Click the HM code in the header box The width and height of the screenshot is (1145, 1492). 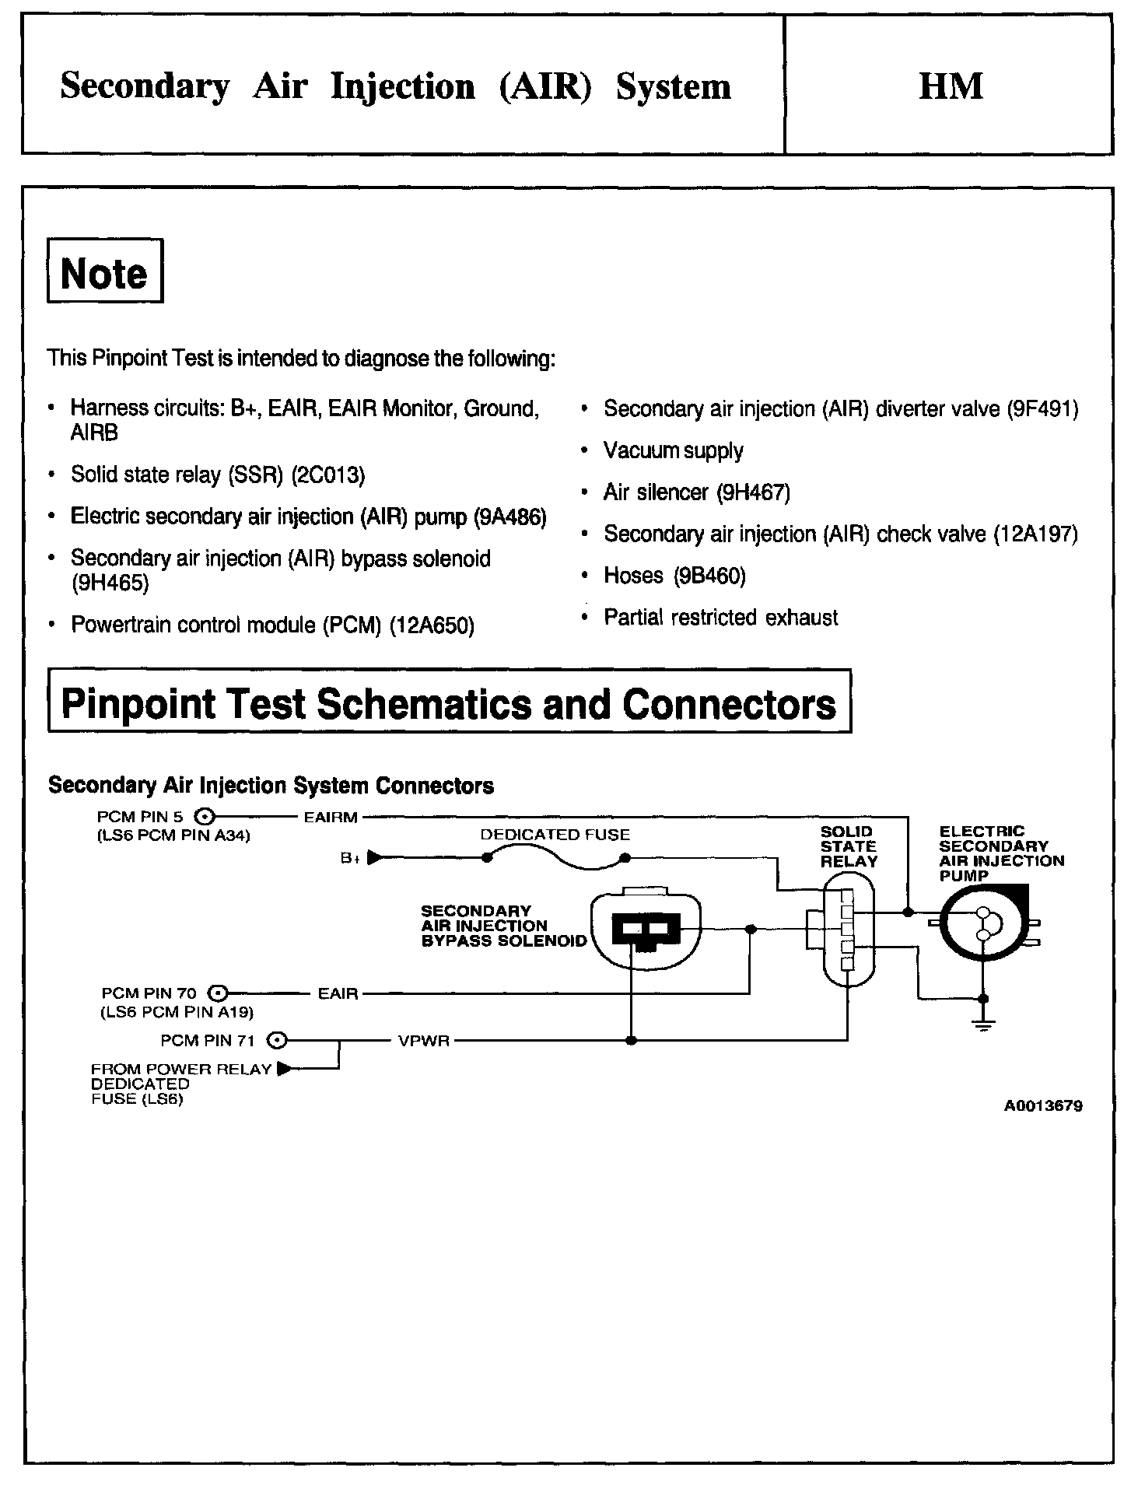(x=951, y=86)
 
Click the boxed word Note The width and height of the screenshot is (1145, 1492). (x=104, y=273)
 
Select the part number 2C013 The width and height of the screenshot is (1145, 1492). (x=327, y=475)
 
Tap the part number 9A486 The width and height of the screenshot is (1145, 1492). (x=510, y=517)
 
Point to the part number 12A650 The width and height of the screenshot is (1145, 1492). (x=432, y=625)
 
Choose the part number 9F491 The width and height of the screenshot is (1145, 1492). (x=1042, y=409)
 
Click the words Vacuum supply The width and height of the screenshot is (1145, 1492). (x=673, y=451)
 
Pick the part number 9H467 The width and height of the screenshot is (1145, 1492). (x=754, y=492)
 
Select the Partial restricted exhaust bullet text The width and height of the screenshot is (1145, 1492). (x=720, y=618)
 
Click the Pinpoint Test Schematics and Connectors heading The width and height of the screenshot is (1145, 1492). (x=449, y=703)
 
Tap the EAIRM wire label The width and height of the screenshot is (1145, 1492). (x=331, y=818)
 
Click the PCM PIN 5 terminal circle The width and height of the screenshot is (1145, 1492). (x=204, y=817)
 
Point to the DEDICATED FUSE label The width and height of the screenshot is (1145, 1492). (x=555, y=835)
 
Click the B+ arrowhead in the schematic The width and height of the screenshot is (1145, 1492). (x=374, y=858)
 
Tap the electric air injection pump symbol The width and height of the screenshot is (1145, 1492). (x=983, y=923)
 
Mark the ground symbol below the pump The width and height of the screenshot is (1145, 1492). (x=984, y=1024)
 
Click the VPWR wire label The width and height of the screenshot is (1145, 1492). (x=424, y=1041)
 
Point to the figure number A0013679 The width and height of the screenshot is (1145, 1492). (x=1042, y=1106)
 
